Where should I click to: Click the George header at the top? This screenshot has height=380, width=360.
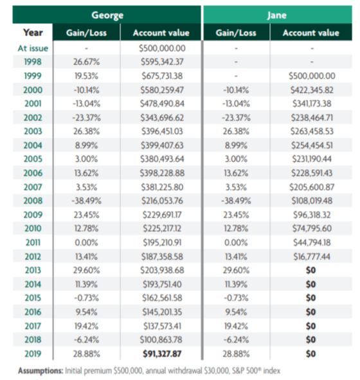click(107, 15)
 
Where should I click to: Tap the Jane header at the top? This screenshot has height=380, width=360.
click(276, 15)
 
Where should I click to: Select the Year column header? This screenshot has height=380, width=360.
click(33, 33)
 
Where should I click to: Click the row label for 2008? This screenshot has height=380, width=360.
click(33, 201)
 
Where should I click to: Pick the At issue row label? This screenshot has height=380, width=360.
click(33, 48)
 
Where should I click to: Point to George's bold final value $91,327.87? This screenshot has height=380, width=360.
click(162, 354)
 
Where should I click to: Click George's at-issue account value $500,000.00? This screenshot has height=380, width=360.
click(162, 48)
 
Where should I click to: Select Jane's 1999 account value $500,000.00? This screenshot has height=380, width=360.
click(312, 76)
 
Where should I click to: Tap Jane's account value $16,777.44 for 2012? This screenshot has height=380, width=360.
click(312, 257)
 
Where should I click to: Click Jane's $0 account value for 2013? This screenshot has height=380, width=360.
click(310, 270)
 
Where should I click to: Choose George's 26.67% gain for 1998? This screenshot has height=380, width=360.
click(87, 62)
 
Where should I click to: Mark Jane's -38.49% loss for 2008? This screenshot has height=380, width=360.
click(236, 201)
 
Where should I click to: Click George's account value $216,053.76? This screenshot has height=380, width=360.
click(162, 201)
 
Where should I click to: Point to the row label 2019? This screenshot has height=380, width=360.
click(33, 354)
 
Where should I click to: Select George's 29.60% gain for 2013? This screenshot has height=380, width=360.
click(87, 270)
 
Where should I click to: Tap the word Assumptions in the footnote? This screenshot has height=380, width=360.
click(40, 370)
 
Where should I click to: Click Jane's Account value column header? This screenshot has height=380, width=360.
click(311, 33)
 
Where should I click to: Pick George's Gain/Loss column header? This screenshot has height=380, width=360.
click(87, 33)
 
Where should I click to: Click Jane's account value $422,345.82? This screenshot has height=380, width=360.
click(312, 90)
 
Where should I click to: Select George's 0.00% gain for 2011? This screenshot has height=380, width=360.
click(87, 242)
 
